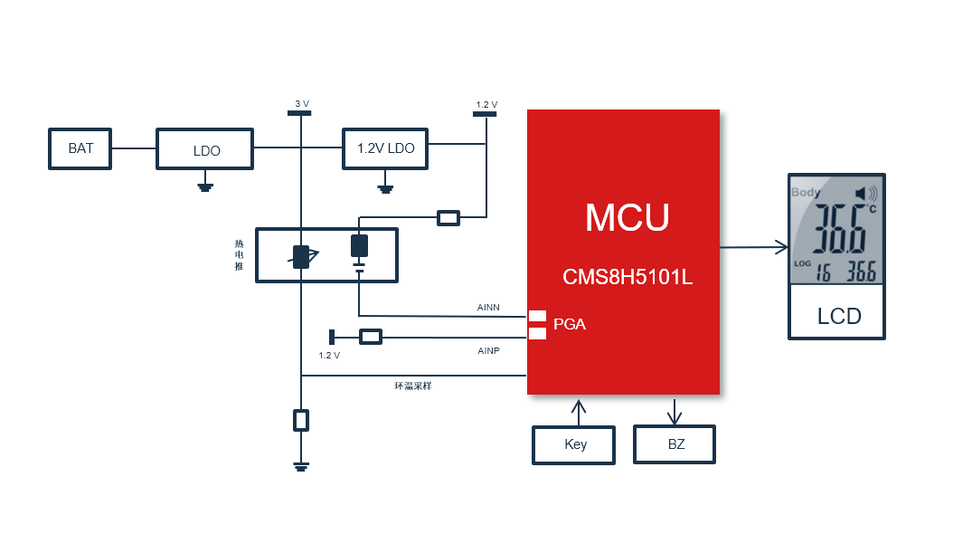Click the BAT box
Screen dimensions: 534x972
pyautogui.click(x=80, y=148)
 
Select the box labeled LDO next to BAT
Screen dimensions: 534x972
pyautogui.click(x=204, y=149)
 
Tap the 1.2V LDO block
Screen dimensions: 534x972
pyautogui.click(x=385, y=148)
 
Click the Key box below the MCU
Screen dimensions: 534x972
pyautogui.click(x=574, y=444)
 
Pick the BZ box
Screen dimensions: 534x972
pyautogui.click(x=675, y=444)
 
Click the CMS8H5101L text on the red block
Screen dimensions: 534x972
pyautogui.click(x=628, y=277)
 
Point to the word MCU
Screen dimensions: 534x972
pyautogui.click(x=627, y=218)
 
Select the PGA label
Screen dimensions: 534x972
pyautogui.click(x=570, y=324)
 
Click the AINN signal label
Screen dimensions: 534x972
pyautogui.click(x=488, y=308)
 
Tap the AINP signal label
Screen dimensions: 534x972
pyautogui.click(x=488, y=350)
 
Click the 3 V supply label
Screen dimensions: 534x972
pyautogui.click(x=301, y=104)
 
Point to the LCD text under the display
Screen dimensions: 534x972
pyautogui.click(x=838, y=317)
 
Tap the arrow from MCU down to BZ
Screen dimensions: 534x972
pyautogui.click(x=674, y=411)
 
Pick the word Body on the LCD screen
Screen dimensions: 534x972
pyautogui.click(x=806, y=192)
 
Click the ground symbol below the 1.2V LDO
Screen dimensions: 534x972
pyautogui.click(x=385, y=189)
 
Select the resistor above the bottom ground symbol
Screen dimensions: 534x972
pyautogui.click(x=301, y=420)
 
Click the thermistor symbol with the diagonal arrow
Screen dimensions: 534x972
pyautogui.click(x=301, y=256)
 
